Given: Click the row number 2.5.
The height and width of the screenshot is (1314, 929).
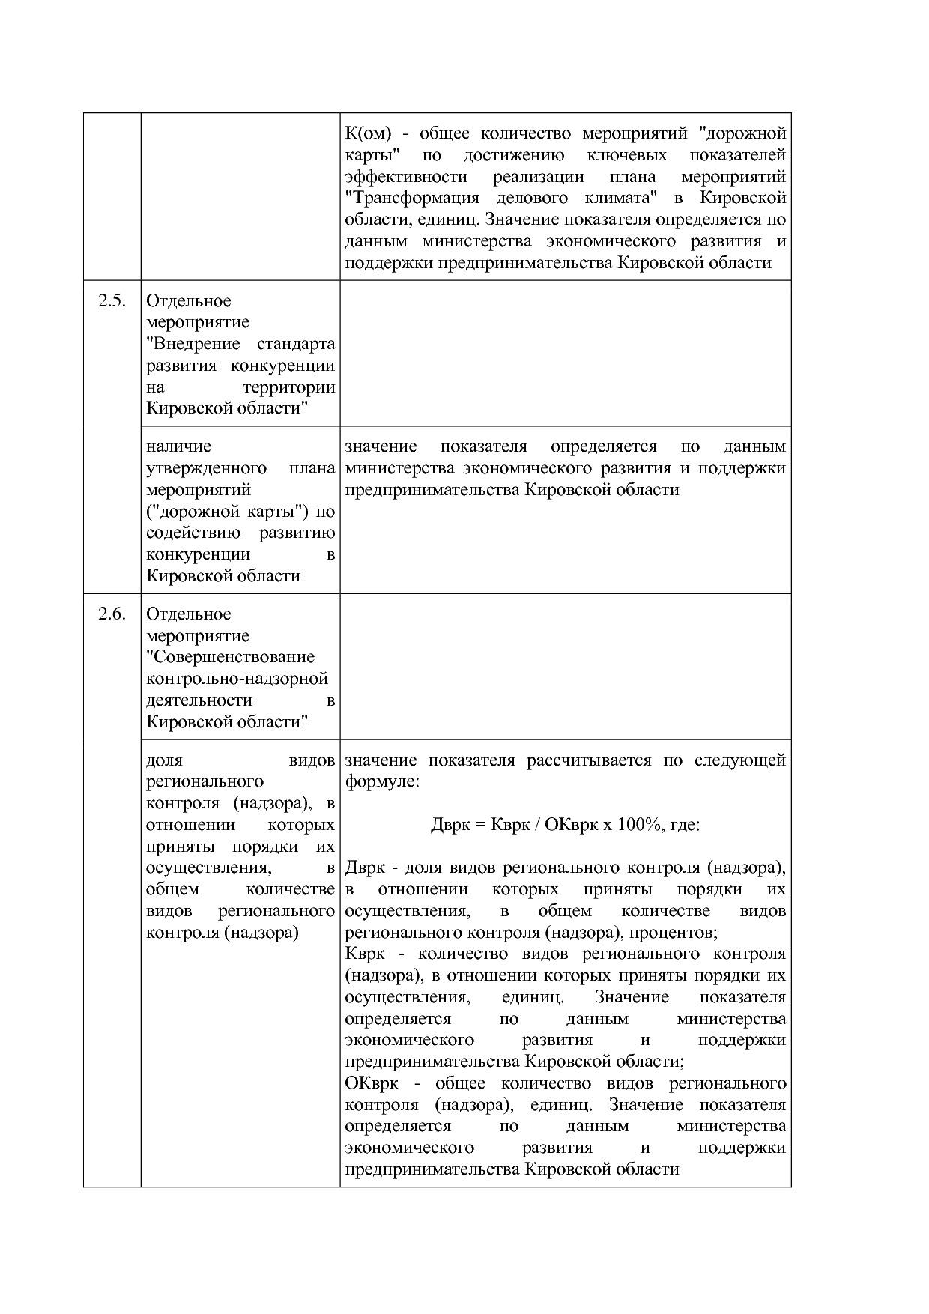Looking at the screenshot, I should (111, 301).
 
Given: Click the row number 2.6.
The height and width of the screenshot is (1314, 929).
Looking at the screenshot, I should (111, 614).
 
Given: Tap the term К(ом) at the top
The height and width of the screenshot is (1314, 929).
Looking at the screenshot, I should (368, 134).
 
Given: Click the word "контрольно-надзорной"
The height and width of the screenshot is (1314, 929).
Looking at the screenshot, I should (237, 679).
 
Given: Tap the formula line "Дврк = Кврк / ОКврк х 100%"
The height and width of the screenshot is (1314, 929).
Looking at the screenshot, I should (565, 826).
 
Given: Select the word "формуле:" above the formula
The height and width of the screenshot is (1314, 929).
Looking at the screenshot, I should (382, 782).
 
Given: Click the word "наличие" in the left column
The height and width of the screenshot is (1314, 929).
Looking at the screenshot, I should (178, 447).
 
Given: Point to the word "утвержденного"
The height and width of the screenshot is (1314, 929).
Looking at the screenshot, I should (206, 469).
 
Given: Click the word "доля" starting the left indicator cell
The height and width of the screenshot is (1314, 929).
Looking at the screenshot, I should (164, 760).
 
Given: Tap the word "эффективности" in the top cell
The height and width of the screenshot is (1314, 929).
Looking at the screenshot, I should (405, 178).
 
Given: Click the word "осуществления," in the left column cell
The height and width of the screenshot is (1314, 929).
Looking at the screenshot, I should (208, 868).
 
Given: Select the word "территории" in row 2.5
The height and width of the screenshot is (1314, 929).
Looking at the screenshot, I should (288, 388).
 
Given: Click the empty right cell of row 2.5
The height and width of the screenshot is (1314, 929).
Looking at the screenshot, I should (565, 354).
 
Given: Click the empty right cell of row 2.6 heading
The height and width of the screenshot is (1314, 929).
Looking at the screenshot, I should (565, 667).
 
